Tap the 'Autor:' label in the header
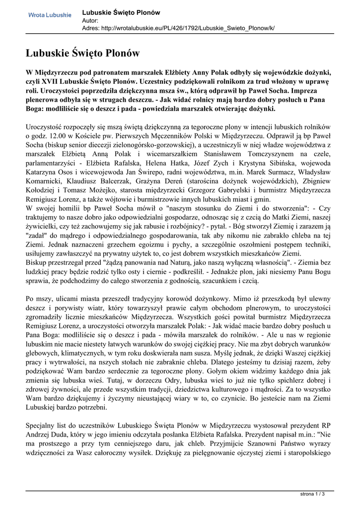tap(90, 20)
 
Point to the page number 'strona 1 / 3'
tap(316, 495)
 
